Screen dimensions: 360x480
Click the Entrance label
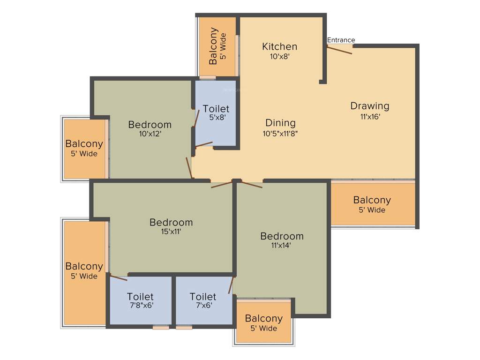[341, 40]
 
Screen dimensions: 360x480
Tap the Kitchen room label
[279, 46]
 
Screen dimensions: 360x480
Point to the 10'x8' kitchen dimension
[279, 56]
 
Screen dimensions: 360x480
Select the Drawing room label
[370, 106]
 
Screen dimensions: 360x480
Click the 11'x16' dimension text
[370, 116]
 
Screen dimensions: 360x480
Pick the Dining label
[280, 123]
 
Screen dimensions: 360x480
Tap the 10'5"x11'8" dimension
[280, 133]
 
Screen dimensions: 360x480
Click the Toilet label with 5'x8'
[216, 109]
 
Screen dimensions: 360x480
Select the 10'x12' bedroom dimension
[150, 134]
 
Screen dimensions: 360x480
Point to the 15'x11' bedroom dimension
[171, 232]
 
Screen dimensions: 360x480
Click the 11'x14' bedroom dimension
[281, 245]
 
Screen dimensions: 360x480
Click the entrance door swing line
[339, 50]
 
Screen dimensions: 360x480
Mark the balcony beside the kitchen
[217, 47]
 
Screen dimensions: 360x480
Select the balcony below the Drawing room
[372, 204]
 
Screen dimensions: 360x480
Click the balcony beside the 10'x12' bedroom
[84, 149]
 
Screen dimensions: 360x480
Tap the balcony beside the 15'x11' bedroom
[84, 271]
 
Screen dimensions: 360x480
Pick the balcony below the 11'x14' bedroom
[263, 322]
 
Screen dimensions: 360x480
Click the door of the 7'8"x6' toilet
[118, 278]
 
